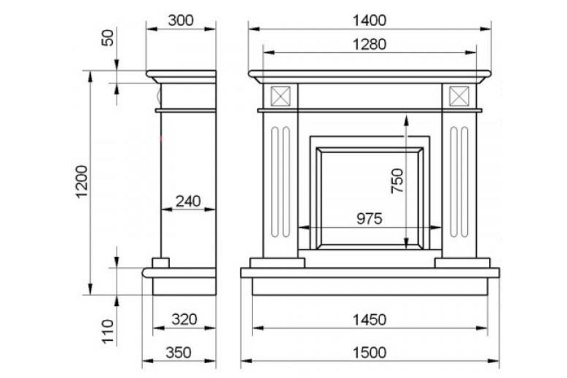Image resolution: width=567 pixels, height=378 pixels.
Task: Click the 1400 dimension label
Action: point(369,21)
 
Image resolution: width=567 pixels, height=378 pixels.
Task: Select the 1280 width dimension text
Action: point(369,44)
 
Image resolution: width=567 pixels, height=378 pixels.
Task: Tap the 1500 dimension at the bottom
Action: point(369,353)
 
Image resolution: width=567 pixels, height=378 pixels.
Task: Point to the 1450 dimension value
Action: point(369,320)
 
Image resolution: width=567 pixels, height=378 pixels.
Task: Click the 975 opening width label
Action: point(369,219)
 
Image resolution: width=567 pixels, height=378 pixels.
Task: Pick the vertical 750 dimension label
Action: point(397,181)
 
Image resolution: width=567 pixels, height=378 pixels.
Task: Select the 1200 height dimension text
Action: point(82,182)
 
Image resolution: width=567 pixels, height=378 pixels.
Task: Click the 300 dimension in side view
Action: point(181,21)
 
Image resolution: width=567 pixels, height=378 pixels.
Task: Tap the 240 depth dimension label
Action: point(188,201)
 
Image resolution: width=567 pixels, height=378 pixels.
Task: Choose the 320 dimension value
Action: point(184,319)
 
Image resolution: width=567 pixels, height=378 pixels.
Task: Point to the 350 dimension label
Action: point(178,353)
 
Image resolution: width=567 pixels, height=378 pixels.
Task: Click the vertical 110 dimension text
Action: point(108,331)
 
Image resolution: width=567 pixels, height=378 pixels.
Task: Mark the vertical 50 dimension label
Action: point(108,38)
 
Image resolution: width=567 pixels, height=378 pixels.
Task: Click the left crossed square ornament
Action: point(281,96)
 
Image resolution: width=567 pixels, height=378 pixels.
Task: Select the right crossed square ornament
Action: point(459,96)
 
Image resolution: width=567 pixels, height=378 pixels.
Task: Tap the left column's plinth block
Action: point(277,263)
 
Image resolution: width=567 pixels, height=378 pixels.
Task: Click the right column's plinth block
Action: point(462,263)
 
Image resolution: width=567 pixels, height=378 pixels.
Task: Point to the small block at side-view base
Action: point(161,263)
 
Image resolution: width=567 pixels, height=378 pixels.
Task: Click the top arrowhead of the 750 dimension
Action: point(406,121)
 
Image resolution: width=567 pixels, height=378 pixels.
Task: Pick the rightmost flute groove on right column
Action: point(465,182)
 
